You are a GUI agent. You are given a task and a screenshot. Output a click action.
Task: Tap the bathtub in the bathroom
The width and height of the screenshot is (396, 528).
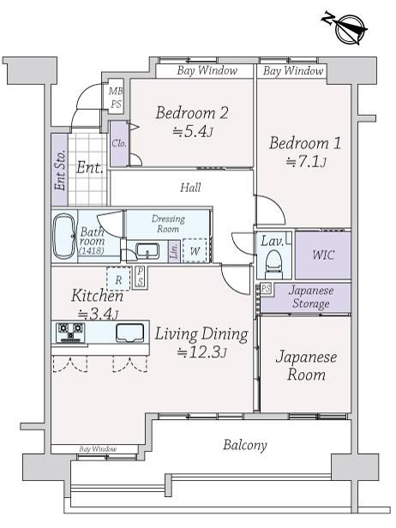[64, 236]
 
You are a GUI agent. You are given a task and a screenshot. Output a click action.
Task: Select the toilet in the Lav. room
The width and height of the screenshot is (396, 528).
[273, 263]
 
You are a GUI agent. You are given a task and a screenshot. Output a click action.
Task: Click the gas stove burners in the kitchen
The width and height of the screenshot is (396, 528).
[70, 333]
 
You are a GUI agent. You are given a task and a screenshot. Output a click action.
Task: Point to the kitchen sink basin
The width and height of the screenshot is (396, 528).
[130, 333]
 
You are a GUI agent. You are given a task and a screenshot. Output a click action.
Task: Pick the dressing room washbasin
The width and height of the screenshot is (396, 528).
[147, 251]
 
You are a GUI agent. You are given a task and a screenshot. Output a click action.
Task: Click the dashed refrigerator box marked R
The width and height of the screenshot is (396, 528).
[118, 279]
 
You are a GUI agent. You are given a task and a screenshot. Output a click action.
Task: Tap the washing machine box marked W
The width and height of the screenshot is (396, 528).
[195, 250]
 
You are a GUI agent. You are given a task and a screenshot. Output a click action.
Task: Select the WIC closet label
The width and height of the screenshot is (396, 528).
[323, 255]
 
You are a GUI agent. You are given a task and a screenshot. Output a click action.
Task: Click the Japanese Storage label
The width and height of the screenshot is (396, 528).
[311, 297]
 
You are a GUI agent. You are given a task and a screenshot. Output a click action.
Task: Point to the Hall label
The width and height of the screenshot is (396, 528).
[190, 187]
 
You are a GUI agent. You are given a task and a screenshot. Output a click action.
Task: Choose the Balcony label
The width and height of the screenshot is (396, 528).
[245, 445]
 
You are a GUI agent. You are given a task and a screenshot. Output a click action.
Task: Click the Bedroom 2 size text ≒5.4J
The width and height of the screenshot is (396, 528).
[193, 131]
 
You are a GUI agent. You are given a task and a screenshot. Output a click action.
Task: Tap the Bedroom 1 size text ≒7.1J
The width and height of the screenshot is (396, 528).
[306, 162]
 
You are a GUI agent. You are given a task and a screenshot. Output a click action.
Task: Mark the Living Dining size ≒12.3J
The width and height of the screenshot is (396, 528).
[201, 352]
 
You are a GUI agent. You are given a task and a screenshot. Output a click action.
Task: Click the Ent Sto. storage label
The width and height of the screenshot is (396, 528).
[60, 170]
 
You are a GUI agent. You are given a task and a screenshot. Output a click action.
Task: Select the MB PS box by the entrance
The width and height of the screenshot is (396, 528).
[116, 97]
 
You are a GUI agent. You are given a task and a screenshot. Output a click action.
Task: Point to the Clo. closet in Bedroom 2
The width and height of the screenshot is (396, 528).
[119, 143]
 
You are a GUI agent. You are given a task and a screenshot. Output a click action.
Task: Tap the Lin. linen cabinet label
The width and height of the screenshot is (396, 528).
[174, 251]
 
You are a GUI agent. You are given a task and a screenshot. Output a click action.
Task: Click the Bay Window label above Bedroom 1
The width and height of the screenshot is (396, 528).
[293, 70]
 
